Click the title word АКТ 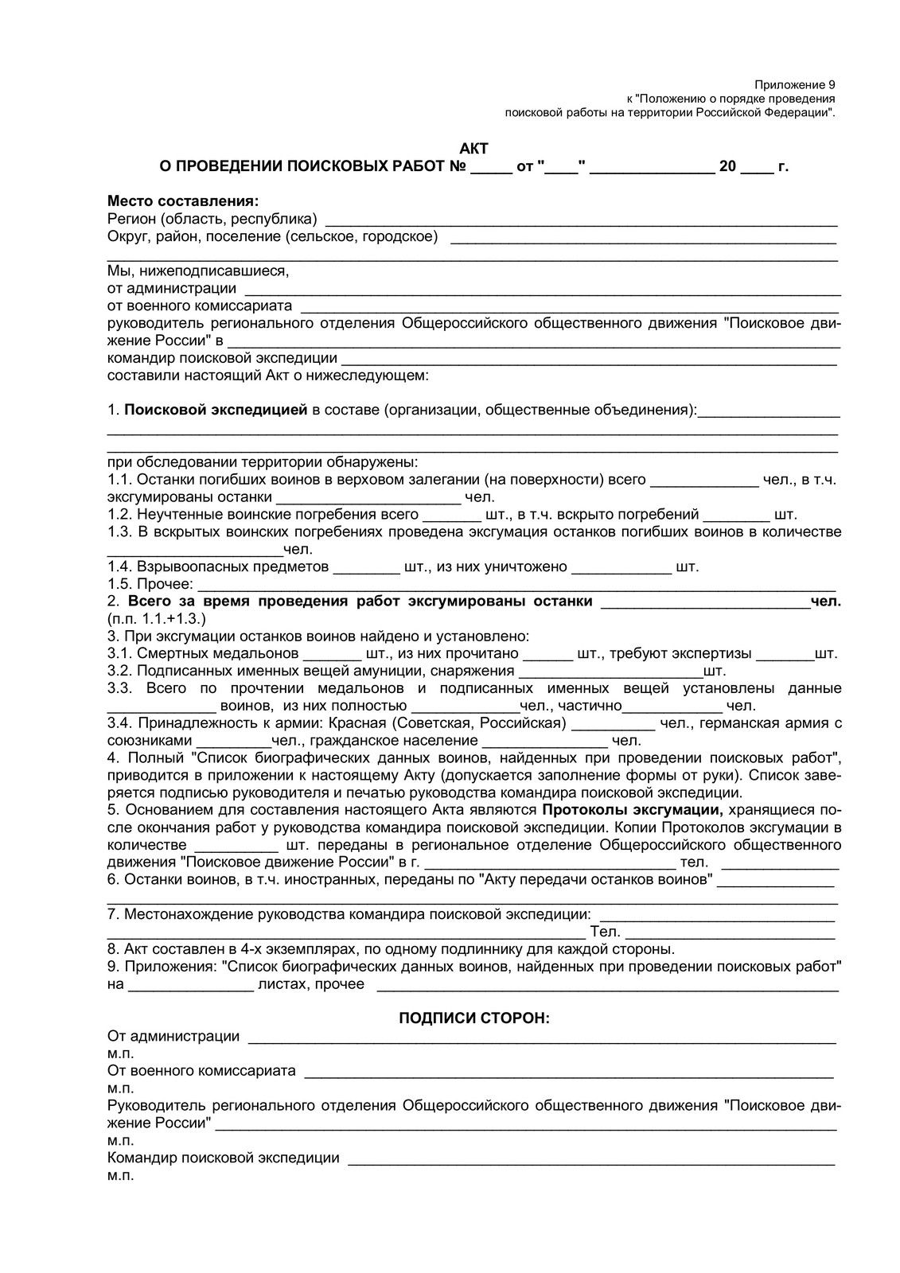pyautogui.click(x=474, y=149)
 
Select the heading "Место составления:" pyautogui.click(x=184, y=201)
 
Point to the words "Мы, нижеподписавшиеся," pyautogui.click(x=198, y=271)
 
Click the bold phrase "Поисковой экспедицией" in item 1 pyautogui.click(x=216, y=411)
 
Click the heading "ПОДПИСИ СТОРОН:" pyautogui.click(x=473, y=1018)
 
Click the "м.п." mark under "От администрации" pyautogui.click(x=120, y=1053)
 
